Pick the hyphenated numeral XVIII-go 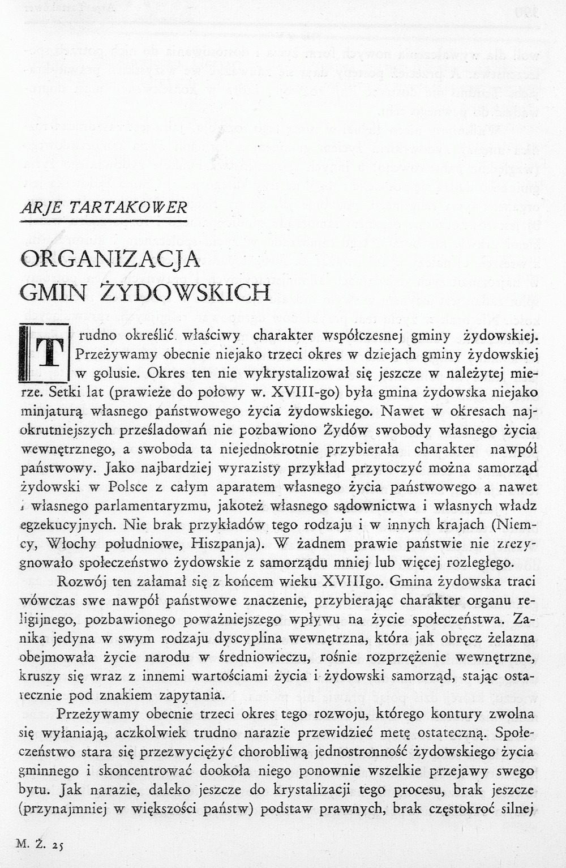305,392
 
